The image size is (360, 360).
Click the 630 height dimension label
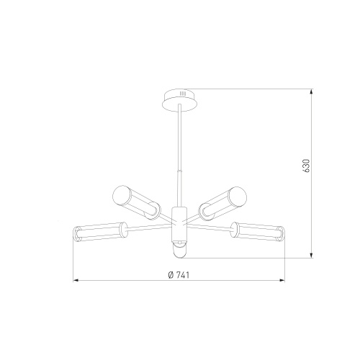[307, 166]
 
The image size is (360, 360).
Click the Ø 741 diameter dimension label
[179, 275]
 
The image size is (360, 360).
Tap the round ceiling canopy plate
[180, 101]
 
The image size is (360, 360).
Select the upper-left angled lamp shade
[136, 202]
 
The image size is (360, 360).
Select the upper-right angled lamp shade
[222, 203]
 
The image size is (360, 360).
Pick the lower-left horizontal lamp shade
[100, 232]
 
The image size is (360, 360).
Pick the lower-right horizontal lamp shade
[258, 231]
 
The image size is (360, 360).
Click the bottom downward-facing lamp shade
[179, 250]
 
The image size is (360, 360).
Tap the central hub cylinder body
[179, 225]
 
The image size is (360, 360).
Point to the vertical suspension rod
[179, 156]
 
